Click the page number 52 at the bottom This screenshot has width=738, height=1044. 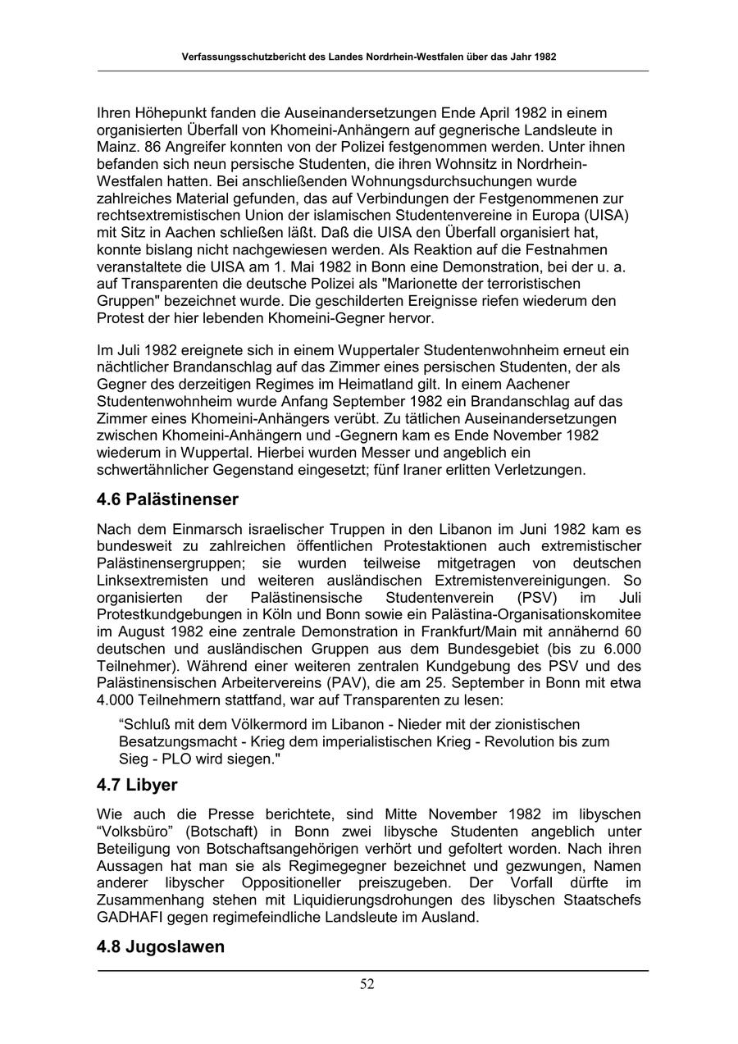tap(367, 985)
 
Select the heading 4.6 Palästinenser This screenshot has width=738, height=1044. tap(167, 499)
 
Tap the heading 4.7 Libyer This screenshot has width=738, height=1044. tap(137, 785)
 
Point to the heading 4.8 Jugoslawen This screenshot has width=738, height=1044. tap(161, 947)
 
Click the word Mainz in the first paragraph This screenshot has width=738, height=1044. tap(116, 148)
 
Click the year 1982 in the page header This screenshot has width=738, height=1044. tap(544, 58)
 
